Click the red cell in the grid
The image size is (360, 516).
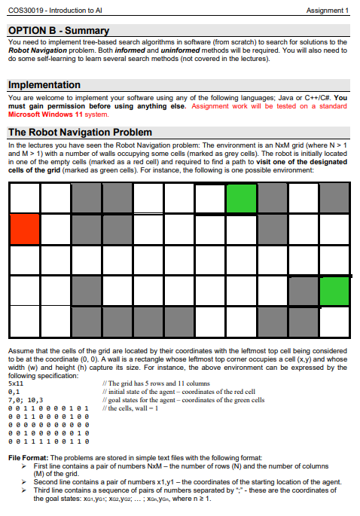24,228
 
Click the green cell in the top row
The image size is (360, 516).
241,197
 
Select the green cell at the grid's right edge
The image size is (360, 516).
334,290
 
